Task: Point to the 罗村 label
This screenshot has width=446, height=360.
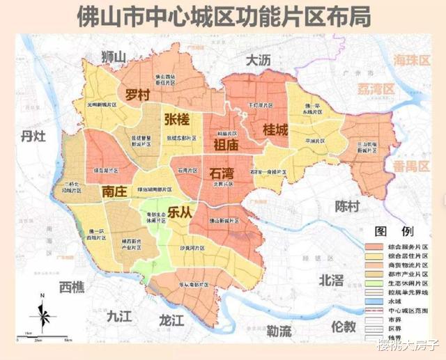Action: click(x=139, y=94)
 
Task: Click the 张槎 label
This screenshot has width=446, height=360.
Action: click(x=177, y=119)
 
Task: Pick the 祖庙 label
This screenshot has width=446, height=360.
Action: click(x=226, y=145)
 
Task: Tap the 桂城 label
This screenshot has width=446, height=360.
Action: click(x=275, y=130)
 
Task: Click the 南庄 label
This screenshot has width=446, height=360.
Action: click(x=116, y=191)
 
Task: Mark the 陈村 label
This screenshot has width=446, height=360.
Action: click(x=347, y=206)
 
